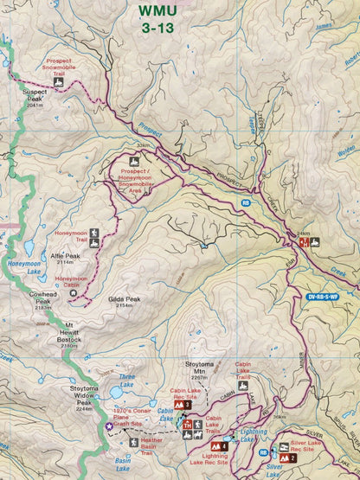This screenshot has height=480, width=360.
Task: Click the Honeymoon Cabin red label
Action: [71, 281]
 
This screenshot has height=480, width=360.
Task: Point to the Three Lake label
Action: [126, 381]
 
